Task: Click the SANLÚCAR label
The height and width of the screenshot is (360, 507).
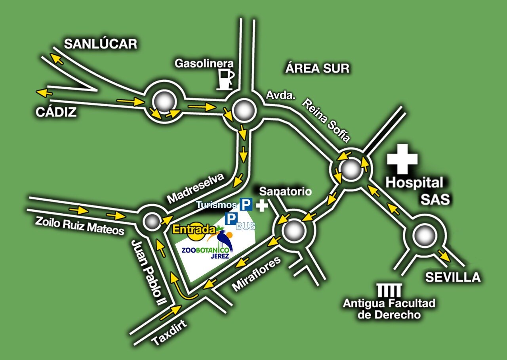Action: pyautogui.click(x=100, y=44)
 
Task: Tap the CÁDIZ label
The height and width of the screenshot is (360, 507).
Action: pyautogui.click(x=56, y=112)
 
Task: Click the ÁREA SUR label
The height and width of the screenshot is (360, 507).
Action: pyautogui.click(x=317, y=68)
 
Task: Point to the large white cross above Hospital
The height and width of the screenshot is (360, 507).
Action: pyautogui.click(x=402, y=159)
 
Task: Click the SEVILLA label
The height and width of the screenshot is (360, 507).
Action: pyautogui.click(x=453, y=277)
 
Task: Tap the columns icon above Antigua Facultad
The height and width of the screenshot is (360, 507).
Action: pyautogui.click(x=389, y=290)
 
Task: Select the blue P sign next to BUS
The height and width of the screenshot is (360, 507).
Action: pyautogui.click(x=231, y=218)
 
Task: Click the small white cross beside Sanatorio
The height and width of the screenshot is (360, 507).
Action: pyautogui.click(x=261, y=206)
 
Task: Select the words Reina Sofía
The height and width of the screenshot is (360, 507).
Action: pyautogui.click(x=326, y=120)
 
